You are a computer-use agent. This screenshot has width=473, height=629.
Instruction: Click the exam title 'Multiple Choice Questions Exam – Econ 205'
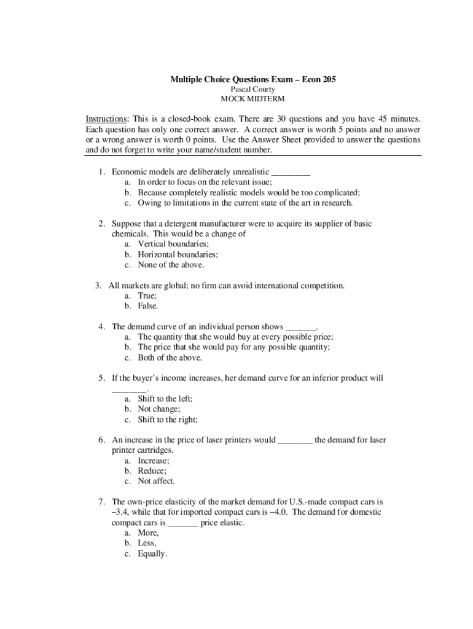(x=252, y=79)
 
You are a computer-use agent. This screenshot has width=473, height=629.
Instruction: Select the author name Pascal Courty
(x=252, y=89)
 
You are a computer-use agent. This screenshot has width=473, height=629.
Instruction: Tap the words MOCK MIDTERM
(x=252, y=99)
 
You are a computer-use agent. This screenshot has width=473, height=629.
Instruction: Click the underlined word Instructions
(x=106, y=119)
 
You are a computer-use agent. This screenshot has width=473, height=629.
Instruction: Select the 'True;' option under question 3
(x=147, y=295)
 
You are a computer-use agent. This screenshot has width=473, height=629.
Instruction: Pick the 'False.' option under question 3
(x=148, y=306)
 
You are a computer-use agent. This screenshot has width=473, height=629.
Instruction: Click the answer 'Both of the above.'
(x=170, y=357)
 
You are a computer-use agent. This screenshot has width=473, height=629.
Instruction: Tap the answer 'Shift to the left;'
(x=165, y=399)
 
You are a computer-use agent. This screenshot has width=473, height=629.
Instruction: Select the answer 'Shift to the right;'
(x=168, y=420)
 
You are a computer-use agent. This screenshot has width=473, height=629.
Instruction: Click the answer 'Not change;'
(x=158, y=409)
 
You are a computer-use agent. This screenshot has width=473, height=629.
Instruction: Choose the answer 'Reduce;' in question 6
(x=152, y=471)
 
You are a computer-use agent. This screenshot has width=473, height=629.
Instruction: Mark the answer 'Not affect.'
(x=156, y=482)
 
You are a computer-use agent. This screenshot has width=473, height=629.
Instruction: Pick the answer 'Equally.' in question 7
(x=152, y=553)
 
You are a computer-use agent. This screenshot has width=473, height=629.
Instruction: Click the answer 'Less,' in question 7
(x=147, y=543)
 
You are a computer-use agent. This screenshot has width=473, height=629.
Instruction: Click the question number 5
(x=101, y=378)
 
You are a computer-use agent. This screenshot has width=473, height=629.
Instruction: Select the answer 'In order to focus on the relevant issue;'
(x=205, y=182)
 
